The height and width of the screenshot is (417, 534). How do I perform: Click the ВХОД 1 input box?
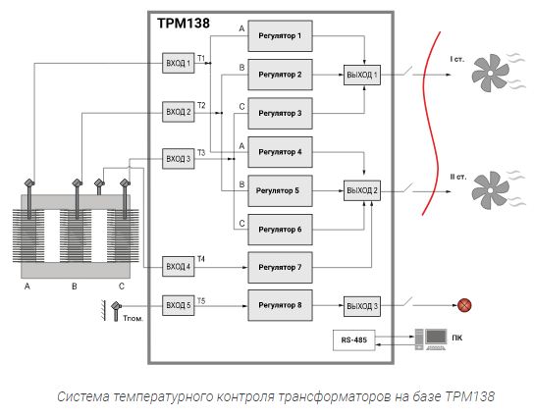click(x=179, y=64)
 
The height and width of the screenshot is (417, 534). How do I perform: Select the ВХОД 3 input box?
click(x=179, y=158)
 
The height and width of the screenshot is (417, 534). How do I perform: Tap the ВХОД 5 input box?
click(x=179, y=305)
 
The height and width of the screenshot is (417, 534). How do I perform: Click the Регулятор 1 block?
click(x=280, y=36)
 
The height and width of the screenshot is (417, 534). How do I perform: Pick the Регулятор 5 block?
click(x=280, y=190)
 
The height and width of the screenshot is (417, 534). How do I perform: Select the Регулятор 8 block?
click(x=280, y=305)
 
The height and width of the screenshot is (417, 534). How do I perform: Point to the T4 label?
click(x=201, y=259)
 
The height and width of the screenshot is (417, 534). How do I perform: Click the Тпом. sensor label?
click(x=133, y=319)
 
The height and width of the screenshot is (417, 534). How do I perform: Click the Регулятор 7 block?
click(x=280, y=267)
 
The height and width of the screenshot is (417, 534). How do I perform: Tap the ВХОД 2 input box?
click(x=179, y=112)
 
